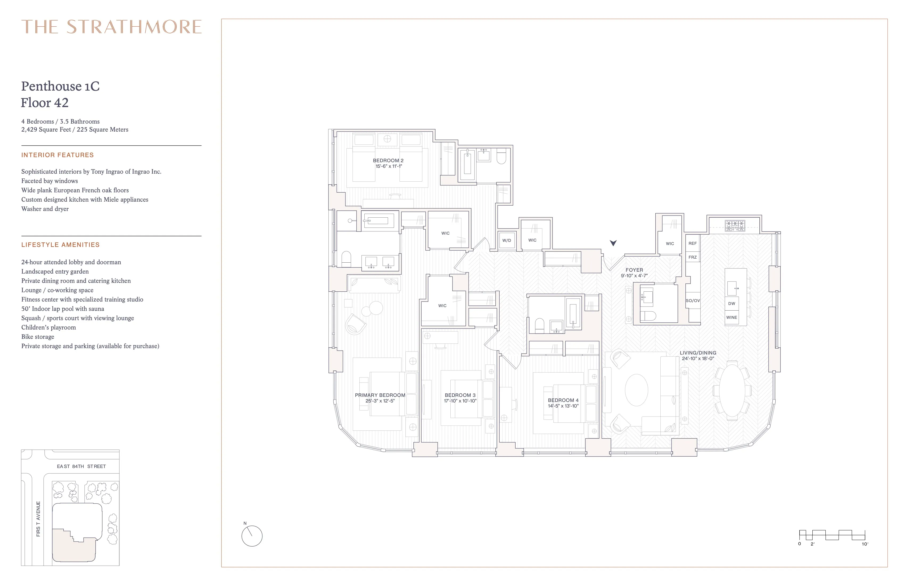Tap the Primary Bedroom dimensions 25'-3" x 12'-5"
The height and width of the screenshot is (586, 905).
[380, 401]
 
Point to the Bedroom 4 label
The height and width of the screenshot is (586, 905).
[563, 400]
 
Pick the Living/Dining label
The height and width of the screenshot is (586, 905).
[698, 353]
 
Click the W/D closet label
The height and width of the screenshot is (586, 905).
[507, 241]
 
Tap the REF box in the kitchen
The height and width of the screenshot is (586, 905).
[692, 243]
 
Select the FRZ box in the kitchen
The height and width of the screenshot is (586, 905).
[692, 257]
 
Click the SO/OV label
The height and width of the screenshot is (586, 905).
[692, 301]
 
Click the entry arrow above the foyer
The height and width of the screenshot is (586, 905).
[613, 243]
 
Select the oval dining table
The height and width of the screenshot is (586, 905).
[732, 391]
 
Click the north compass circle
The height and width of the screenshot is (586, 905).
[252, 536]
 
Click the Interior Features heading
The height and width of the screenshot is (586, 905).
[57, 155]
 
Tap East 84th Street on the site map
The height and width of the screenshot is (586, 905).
[81, 466]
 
